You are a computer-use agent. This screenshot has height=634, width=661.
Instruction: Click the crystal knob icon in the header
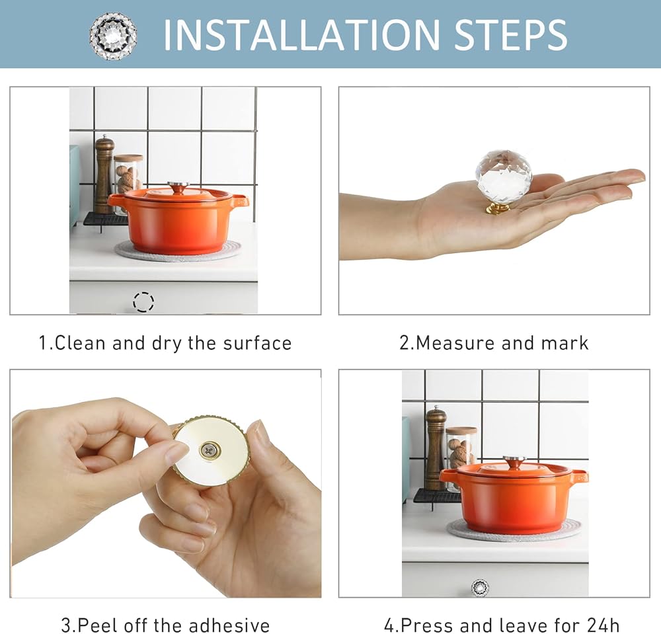(113, 36)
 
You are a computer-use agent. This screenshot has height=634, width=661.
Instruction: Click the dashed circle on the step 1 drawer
(143, 301)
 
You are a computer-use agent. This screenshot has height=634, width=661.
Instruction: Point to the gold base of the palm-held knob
(498, 208)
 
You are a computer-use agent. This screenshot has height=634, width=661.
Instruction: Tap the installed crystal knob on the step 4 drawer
(480, 587)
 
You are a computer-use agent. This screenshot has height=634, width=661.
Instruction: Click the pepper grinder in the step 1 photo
(104, 174)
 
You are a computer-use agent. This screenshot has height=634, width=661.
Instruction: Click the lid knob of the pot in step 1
(178, 186)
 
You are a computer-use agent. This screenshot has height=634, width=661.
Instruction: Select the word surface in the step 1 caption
(257, 343)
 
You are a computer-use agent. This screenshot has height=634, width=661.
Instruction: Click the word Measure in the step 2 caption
(455, 343)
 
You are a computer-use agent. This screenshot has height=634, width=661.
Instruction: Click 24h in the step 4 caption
(603, 625)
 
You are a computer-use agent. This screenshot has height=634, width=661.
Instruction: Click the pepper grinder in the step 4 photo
(436, 448)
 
